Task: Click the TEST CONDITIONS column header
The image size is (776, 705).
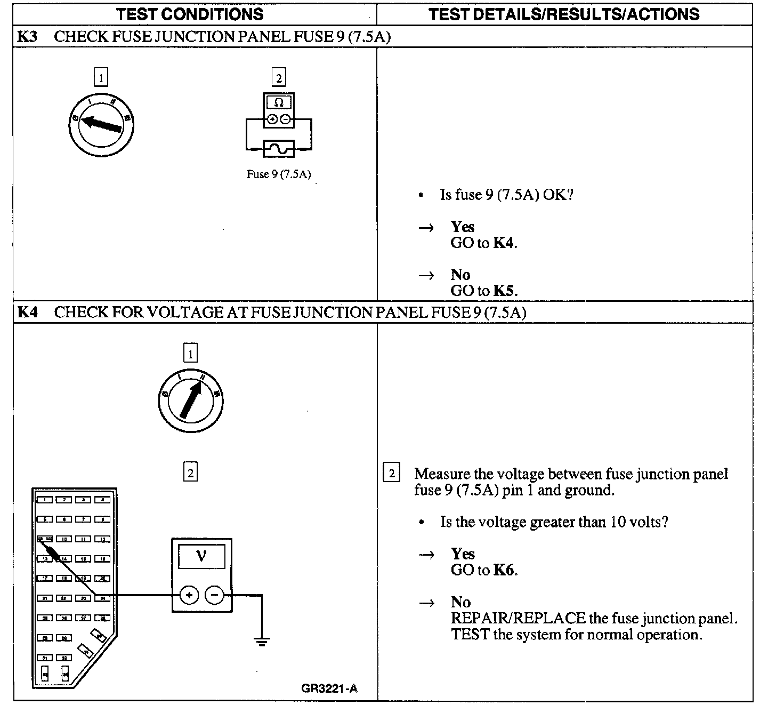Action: pos(190,14)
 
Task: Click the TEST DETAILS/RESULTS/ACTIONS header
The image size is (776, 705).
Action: pos(564,14)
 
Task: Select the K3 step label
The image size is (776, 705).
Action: pos(27,37)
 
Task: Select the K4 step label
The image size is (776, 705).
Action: pos(27,313)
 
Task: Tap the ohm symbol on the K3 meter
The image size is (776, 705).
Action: pos(278,102)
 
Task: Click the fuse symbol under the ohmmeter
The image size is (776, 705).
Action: pos(279,148)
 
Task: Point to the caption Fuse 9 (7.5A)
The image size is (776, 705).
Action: pos(278,174)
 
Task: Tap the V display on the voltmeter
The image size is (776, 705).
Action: pos(201,556)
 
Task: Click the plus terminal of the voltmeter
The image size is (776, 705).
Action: pos(189,595)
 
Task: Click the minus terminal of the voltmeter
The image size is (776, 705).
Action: pos(215,595)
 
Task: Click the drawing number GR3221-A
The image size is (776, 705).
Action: pos(329,688)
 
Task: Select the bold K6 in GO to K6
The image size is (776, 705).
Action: pos(504,570)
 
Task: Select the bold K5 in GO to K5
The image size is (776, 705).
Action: pos(504,291)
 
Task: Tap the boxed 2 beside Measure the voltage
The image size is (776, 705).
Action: pos(392,474)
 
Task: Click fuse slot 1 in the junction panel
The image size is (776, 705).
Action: pos(45,500)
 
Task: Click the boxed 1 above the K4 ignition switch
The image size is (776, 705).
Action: pos(190,353)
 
